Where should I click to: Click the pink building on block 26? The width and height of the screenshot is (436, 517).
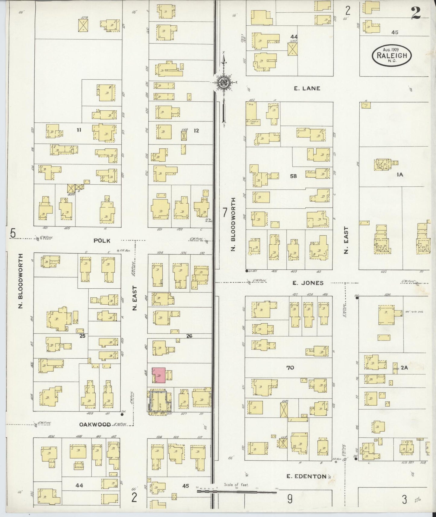click(159, 375)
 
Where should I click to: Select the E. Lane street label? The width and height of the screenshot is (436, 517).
click(307, 88)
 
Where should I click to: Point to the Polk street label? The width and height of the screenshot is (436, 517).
click(102, 240)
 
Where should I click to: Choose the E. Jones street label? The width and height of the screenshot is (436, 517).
click(308, 283)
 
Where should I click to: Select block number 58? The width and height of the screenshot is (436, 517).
click(293, 176)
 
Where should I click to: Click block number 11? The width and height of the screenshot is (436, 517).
click(79, 130)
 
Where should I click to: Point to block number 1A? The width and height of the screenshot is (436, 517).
click(400, 174)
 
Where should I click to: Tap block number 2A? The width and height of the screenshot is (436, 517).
click(404, 367)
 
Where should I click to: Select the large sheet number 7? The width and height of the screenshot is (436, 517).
click(224, 213)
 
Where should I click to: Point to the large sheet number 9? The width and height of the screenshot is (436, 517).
click(290, 499)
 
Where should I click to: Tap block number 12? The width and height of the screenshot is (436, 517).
click(196, 131)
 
